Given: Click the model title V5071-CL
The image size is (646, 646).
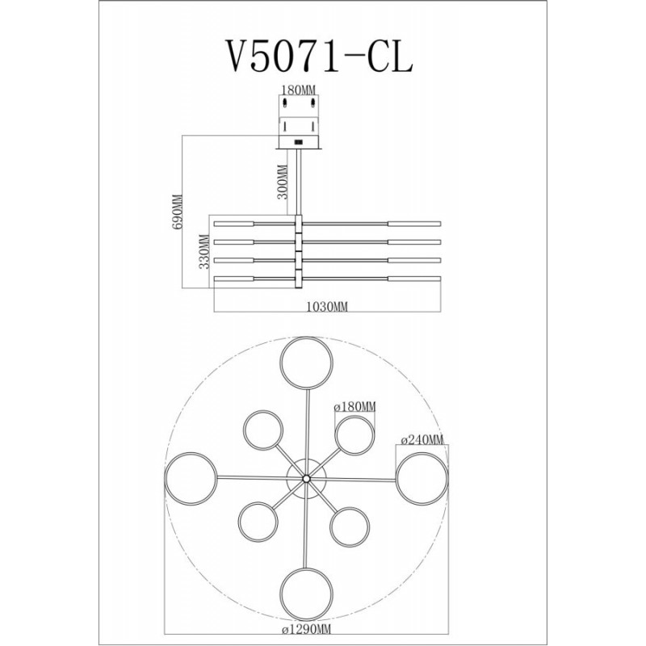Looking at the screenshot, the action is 317,56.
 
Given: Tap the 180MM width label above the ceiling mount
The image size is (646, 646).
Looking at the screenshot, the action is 299,90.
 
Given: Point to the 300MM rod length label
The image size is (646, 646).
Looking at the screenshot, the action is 282,182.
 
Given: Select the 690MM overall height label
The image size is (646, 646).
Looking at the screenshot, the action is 178,212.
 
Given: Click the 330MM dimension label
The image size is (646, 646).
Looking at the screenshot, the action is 204,251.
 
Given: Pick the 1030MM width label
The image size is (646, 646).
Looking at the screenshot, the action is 328,307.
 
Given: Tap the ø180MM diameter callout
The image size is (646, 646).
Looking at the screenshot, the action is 355,407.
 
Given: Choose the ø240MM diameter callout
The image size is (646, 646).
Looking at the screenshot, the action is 422,439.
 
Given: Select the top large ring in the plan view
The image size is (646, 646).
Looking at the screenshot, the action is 307,338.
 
